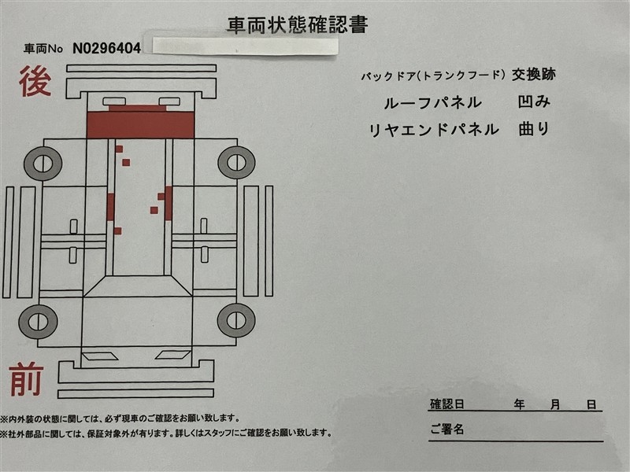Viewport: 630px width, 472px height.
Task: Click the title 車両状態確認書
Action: pyautogui.click(x=298, y=25)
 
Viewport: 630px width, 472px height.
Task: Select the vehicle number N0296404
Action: pyautogui.click(x=106, y=49)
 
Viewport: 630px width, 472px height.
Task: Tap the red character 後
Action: pyautogui.click(x=35, y=82)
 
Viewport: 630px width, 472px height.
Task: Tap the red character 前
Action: pyautogui.click(x=27, y=379)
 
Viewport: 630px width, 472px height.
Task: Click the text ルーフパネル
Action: pyautogui.click(x=432, y=103)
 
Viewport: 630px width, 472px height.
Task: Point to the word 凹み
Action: pyautogui.click(x=534, y=102)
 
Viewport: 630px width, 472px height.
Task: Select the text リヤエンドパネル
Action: pyautogui.click(x=434, y=130)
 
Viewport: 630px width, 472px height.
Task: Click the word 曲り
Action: pyautogui.click(x=534, y=129)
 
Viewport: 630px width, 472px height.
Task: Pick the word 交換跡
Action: pyautogui.click(x=534, y=75)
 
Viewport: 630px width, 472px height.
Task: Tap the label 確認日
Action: pyautogui.click(x=447, y=404)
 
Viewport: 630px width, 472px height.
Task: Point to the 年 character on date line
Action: pyautogui.click(x=519, y=404)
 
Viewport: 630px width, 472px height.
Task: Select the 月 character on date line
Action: pyautogui.click(x=555, y=404)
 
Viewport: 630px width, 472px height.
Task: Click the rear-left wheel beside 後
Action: pyautogui.click(x=43, y=164)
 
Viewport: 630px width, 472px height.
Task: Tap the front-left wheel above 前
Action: pyautogui.click(x=38, y=322)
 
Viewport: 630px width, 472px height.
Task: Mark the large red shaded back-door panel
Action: pyautogui.click(x=141, y=125)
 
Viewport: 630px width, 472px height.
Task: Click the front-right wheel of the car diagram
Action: pyautogui.click(x=236, y=320)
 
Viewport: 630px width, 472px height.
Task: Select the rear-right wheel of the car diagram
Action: pyautogui.click(x=236, y=163)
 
